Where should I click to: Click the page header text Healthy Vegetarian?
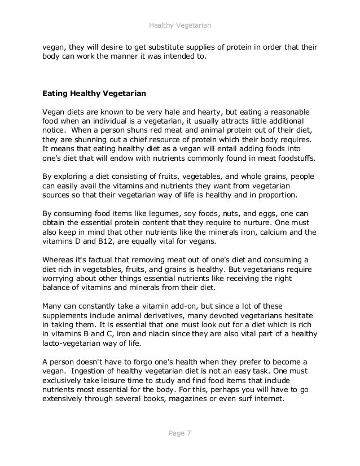[179, 25]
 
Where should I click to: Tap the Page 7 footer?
[179, 433]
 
